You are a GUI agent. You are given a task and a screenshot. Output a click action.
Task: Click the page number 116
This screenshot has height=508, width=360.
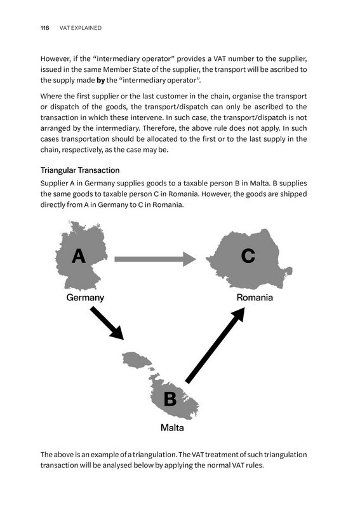tap(44, 28)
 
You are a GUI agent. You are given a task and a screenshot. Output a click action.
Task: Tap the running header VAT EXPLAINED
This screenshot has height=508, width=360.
tap(81, 28)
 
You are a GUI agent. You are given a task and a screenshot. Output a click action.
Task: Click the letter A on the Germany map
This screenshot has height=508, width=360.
tap(78, 256)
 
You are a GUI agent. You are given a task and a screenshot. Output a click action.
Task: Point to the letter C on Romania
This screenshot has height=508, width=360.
tap(248, 256)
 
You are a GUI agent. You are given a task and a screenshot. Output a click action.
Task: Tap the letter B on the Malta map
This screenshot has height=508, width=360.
tap(170, 399)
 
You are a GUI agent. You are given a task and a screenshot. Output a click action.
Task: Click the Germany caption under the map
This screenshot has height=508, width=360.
tap(85, 297)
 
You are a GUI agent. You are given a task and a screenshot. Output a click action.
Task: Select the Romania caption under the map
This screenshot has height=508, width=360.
tap(254, 297)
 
